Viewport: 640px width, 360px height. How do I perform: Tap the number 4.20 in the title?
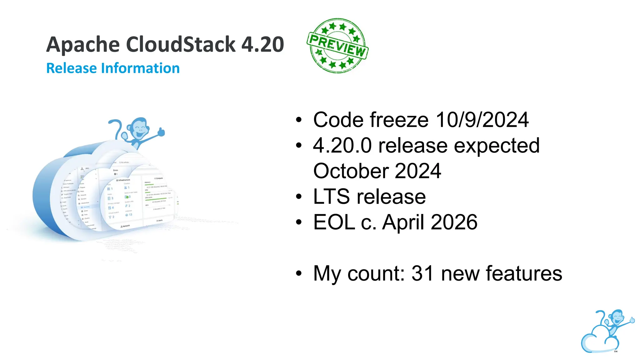point(262,44)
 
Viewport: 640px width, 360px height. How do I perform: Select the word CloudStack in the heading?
point(180,44)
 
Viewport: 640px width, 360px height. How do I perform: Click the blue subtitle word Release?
point(71,68)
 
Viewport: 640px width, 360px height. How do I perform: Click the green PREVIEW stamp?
point(337,46)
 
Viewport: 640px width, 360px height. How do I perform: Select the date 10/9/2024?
point(482,120)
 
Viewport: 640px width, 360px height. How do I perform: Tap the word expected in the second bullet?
point(497,146)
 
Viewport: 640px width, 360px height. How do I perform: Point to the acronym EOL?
point(334,222)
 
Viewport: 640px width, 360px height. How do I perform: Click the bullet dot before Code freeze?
point(299,120)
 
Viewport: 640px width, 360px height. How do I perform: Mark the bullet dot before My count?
point(299,273)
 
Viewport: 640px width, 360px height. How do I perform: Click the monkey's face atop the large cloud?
point(139,128)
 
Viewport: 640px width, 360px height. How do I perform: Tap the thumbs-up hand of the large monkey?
point(161,132)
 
